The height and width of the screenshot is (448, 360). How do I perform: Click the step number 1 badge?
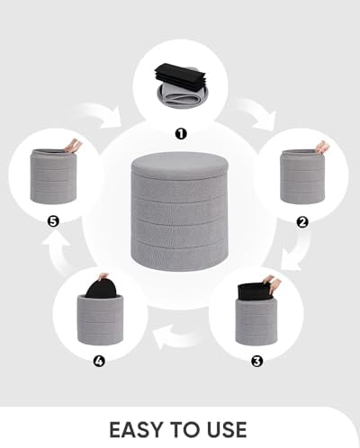click(180, 134)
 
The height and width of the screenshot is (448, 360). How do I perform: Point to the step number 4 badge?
click(99, 362)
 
